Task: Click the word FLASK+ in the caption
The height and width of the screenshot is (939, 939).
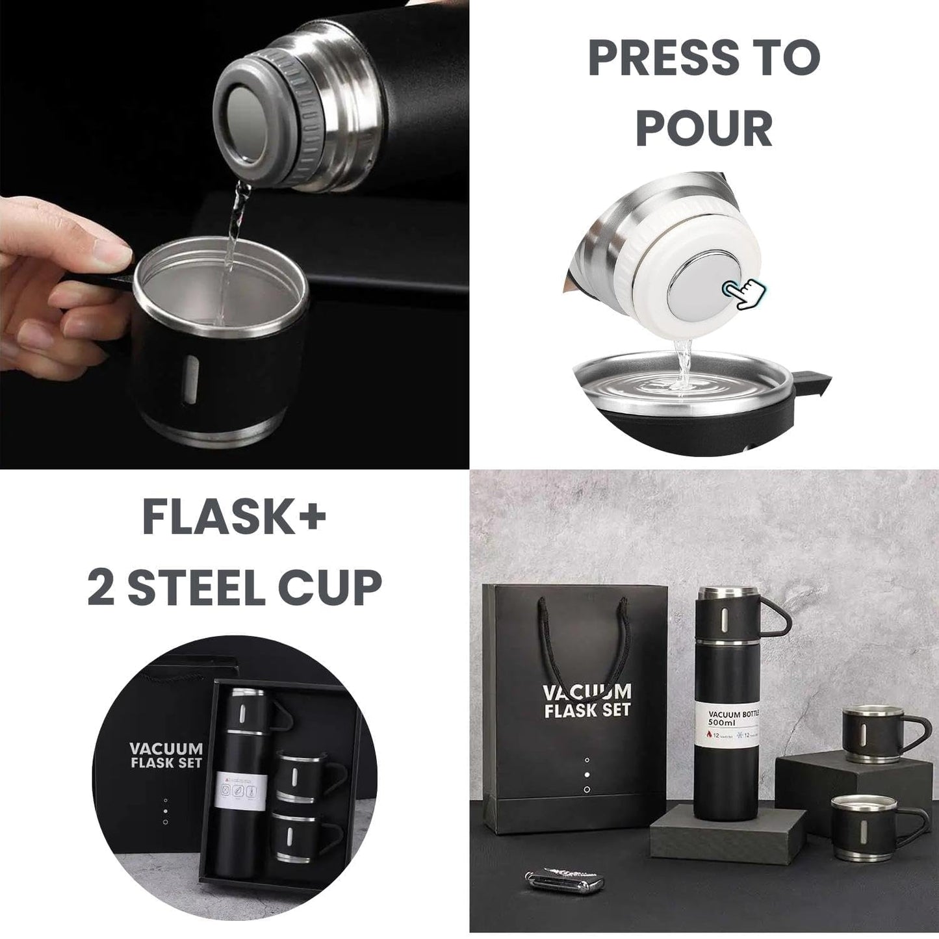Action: tap(234, 518)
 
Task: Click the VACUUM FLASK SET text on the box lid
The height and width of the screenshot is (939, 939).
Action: tap(166, 756)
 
